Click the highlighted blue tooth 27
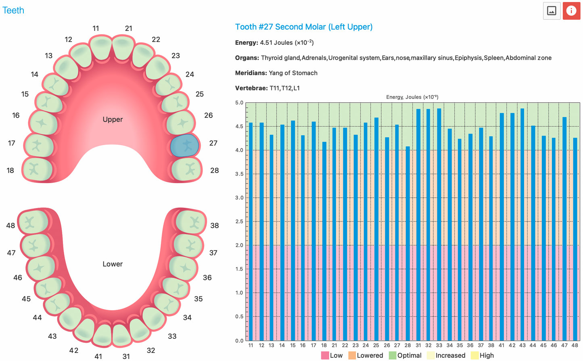tap(184, 146)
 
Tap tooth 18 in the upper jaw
tap(37, 169)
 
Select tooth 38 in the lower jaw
tap(191, 221)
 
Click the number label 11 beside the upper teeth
tap(96, 29)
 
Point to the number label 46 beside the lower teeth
tap(18, 278)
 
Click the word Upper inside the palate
tap(113, 119)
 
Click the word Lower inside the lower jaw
tap(113, 264)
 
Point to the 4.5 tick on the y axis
tap(240, 127)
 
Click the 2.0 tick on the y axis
tap(240, 245)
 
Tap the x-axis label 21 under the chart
tap(334, 345)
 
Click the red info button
tap(571, 11)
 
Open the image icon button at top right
tap(552, 11)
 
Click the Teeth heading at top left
tap(13, 10)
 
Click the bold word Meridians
tap(250, 73)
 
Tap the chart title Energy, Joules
tap(412, 97)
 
